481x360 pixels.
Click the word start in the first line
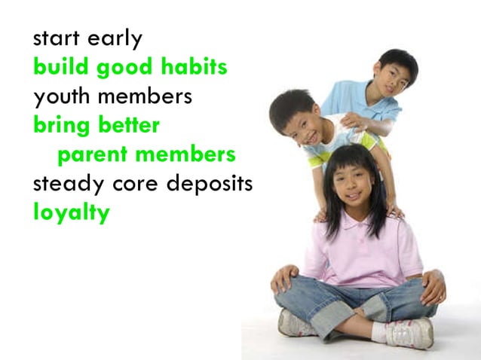pos(55,38)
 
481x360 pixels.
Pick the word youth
pos(60,97)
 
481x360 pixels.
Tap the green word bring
pos(58,127)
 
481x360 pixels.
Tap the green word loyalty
pos(71,214)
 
